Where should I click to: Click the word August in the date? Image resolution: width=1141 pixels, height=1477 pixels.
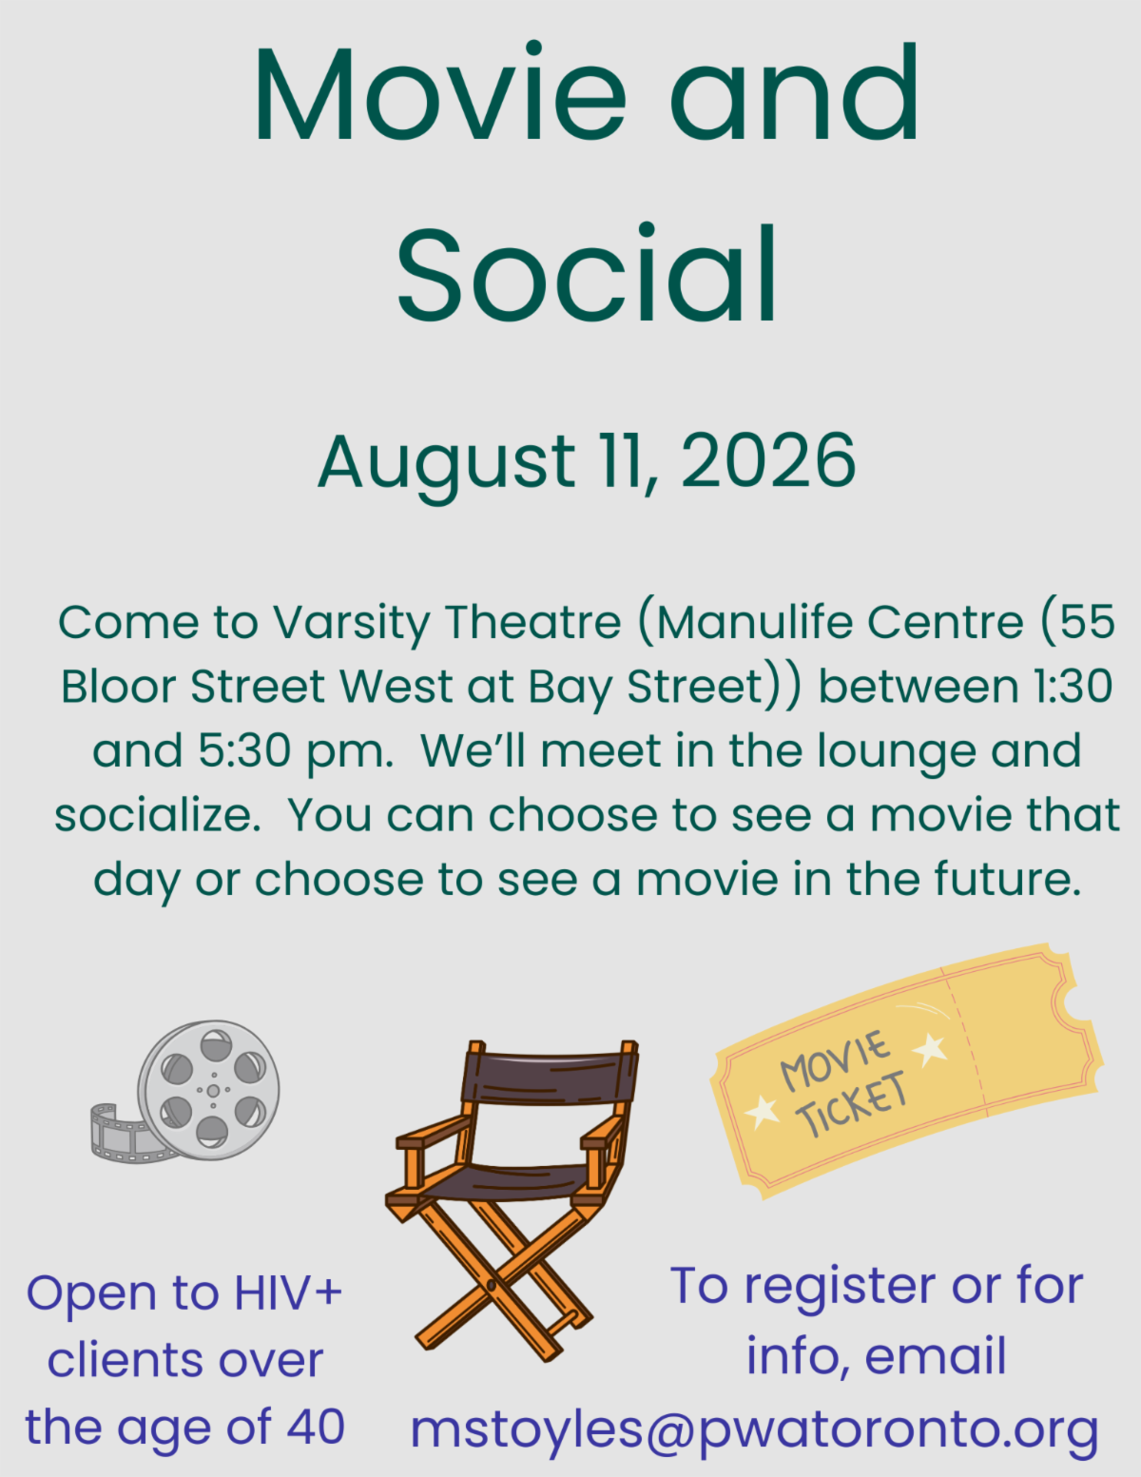coord(447,466)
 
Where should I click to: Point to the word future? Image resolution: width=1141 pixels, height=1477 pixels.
coord(1007,878)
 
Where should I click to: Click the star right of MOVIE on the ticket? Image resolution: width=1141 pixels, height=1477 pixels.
coord(930,1048)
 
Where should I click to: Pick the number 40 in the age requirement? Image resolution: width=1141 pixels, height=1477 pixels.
coord(317,1427)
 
